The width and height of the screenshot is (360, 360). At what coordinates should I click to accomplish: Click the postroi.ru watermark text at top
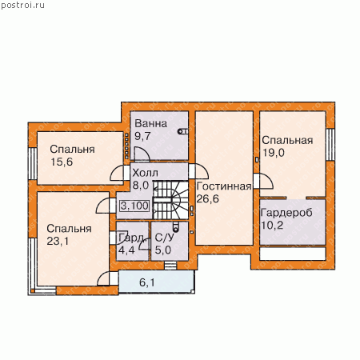(x=22, y=6)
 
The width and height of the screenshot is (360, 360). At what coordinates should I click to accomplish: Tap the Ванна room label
(x=151, y=123)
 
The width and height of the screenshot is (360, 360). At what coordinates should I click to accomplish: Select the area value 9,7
(x=142, y=136)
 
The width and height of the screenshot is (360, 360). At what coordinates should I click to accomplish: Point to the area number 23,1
(x=58, y=241)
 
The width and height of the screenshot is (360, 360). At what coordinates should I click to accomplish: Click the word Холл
(x=146, y=173)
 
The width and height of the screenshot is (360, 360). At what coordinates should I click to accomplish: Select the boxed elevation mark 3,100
(x=134, y=206)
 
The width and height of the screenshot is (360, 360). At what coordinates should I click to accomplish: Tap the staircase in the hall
(x=170, y=200)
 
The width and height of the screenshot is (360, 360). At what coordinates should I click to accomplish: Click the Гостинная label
(x=224, y=186)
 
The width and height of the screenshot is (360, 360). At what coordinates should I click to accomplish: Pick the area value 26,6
(x=207, y=198)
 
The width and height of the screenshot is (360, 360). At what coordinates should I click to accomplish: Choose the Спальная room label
(x=287, y=140)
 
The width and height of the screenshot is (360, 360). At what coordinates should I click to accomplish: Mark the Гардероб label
(x=286, y=213)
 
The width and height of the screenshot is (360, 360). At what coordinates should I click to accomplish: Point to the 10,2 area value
(x=272, y=226)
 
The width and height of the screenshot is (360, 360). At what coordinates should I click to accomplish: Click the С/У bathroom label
(x=165, y=238)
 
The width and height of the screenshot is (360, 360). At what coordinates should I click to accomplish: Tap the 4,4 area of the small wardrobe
(x=126, y=250)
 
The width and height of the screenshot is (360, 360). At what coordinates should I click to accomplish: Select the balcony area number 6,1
(x=147, y=282)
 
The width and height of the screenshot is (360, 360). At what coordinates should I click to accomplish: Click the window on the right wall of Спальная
(x=330, y=144)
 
